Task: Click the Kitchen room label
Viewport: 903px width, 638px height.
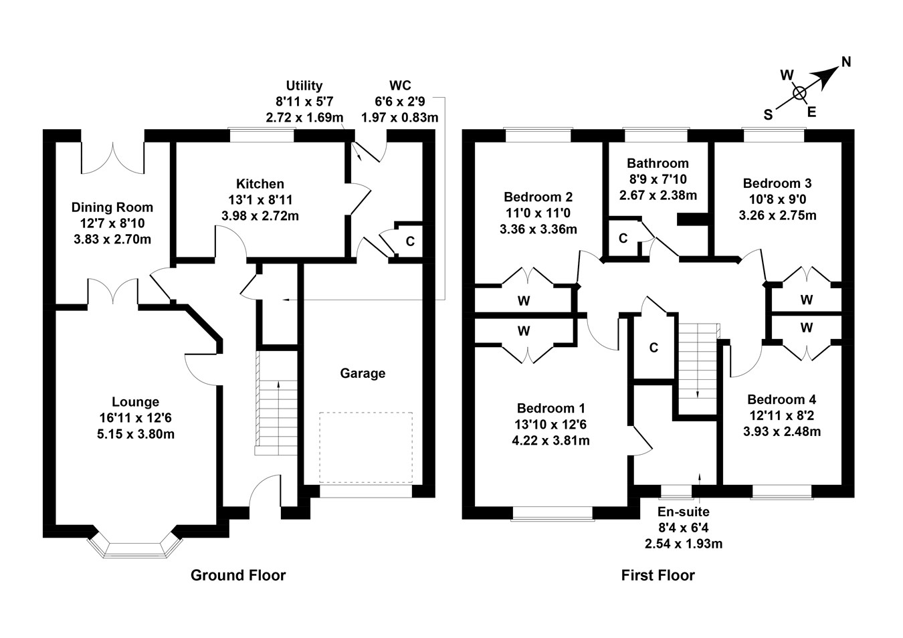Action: [260, 184]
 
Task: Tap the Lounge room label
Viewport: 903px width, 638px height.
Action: [135, 402]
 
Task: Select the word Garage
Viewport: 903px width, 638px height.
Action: [363, 373]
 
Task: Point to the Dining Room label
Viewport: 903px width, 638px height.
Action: [112, 207]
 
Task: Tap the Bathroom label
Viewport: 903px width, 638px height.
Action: [658, 163]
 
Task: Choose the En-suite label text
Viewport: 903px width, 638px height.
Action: [683, 512]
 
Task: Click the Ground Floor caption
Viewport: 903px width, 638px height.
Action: [238, 575]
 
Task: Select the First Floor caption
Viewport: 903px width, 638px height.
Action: [658, 575]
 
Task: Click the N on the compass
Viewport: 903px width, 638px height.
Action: [846, 62]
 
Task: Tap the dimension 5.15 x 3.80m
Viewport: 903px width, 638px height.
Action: [135, 434]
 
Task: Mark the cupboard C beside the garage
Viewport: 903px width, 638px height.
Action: [410, 241]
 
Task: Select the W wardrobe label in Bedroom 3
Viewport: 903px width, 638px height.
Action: [806, 300]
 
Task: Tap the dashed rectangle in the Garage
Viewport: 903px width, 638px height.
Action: [365, 447]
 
